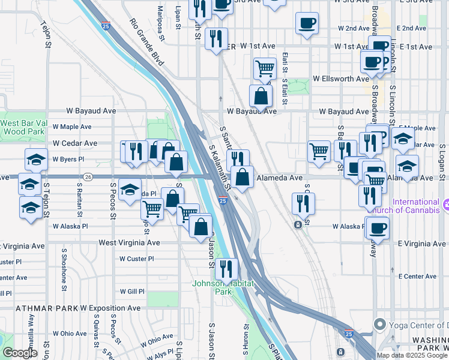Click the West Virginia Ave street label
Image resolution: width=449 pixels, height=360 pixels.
coord(130,243)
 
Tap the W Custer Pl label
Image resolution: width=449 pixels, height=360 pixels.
coord(137,259)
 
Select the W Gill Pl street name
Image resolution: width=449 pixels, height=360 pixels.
coord(132,291)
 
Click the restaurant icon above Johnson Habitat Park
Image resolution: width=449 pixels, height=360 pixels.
coord(226,268)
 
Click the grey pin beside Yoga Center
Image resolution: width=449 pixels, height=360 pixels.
coord(379,325)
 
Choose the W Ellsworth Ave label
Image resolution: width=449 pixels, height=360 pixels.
coord(340,79)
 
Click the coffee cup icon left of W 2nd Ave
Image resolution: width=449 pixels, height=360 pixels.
coord(307,23)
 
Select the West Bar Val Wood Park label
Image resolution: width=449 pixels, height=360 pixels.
coord(23,127)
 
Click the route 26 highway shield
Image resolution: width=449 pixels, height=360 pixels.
coord(88,177)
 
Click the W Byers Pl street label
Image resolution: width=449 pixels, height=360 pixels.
coord(68,160)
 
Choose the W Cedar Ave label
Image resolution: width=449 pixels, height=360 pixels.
coord(74,143)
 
